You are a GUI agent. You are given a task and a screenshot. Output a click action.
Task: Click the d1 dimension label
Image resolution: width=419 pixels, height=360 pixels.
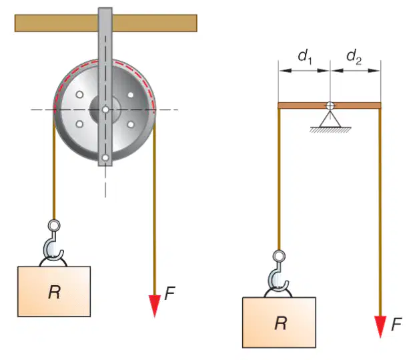pyautogui.click(x=305, y=57)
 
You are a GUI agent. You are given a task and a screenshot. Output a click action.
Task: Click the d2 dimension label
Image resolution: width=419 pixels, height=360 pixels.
pyautogui.click(x=354, y=57)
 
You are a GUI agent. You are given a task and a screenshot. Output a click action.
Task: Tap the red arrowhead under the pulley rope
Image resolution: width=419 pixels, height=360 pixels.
pyautogui.click(x=154, y=306)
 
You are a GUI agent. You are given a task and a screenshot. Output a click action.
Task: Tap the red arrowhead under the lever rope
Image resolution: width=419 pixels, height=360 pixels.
pyautogui.click(x=380, y=327)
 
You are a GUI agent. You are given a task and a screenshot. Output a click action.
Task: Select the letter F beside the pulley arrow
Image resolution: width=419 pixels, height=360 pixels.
pyautogui.click(x=170, y=293)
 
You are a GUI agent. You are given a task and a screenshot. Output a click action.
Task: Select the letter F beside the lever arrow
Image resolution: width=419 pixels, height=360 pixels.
pyautogui.click(x=396, y=325)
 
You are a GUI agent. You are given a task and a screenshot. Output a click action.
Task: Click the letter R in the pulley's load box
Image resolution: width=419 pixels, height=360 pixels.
pyautogui.click(x=54, y=292)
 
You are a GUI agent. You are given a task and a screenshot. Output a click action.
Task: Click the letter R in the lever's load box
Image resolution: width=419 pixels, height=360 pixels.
pyautogui.click(x=281, y=323)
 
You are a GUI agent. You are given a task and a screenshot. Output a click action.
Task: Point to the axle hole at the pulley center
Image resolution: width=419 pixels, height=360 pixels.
pyautogui.click(x=105, y=110)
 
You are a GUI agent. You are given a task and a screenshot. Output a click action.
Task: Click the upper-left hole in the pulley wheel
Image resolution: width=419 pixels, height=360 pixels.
pyautogui.click(x=79, y=94)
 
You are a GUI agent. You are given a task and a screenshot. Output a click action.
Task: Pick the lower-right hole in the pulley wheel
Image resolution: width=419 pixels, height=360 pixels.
pyautogui.click(x=130, y=124)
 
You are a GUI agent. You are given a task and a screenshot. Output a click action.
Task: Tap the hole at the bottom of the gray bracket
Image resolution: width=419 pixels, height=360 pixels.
pyautogui.click(x=105, y=158)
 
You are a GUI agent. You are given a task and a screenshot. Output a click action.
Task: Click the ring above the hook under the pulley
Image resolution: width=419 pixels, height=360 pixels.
pyautogui.click(x=54, y=225)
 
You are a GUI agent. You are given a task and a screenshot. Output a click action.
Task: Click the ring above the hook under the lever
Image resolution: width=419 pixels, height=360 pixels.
pyautogui.click(x=279, y=256)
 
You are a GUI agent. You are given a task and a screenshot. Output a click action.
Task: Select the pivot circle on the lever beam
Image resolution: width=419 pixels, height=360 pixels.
pyautogui.click(x=330, y=106)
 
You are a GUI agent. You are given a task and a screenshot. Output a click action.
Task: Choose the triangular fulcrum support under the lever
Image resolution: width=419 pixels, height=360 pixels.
pyautogui.click(x=330, y=119)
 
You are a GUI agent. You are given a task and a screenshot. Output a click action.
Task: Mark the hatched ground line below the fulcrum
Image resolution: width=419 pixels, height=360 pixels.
pyautogui.click(x=330, y=130)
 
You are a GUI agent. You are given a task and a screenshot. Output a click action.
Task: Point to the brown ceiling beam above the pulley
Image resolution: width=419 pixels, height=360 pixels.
pyautogui.click(x=106, y=23)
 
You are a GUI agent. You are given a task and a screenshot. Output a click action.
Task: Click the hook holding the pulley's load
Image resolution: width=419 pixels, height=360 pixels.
pyautogui.click(x=53, y=246)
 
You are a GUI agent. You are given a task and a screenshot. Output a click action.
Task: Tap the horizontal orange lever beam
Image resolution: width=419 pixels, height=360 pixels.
pyautogui.click(x=330, y=106)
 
